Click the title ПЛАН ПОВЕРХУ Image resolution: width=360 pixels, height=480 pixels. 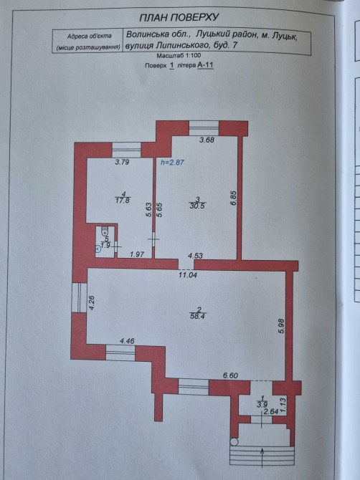[179, 17]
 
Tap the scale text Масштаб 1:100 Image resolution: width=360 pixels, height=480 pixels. [179, 56]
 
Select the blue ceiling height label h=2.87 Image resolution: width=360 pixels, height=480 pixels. [173, 162]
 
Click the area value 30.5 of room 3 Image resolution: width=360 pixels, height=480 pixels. [197, 206]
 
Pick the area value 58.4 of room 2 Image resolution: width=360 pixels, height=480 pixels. [197, 316]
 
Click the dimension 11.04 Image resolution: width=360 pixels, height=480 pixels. [188, 275]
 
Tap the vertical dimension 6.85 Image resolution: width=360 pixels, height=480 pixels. [234, 198]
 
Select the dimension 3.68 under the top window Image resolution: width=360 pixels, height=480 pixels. [207, 140]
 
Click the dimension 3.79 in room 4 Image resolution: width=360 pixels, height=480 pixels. [122, 162]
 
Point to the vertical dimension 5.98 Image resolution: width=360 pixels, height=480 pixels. [282, 326]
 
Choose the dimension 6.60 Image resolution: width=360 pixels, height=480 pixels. [230, 375]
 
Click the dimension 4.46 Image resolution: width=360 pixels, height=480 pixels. [127, 341]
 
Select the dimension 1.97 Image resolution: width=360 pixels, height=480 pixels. [137, 254]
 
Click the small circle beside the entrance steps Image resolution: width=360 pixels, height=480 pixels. [234, 442]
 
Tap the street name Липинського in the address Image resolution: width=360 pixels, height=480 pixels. [182, 45]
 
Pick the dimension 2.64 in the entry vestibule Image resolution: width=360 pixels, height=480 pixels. [271, 412]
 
